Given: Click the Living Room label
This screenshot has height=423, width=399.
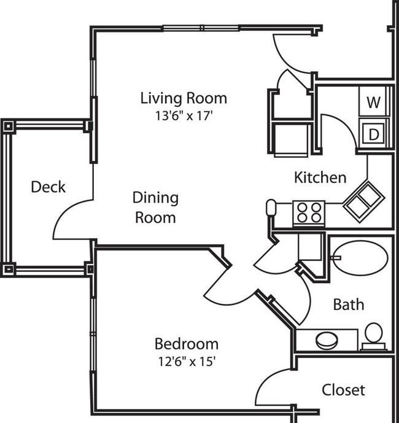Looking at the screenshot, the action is click(x=184, y=98).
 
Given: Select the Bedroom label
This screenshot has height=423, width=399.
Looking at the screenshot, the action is click(x=187, y=344).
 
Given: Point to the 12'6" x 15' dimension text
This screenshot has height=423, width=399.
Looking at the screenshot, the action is click(x=187, y=362).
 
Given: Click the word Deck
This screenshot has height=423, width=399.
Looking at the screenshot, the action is click(x=48, y=187).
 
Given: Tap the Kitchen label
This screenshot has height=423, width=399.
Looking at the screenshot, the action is click(x=320, y=178).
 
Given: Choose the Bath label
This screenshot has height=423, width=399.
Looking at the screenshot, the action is click(x=349, y=305).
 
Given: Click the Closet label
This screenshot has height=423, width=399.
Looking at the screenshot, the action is click(x=343, y=390).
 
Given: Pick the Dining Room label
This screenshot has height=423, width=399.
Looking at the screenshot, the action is click(x=155, y=208).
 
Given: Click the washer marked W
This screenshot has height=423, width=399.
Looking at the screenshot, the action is click(x=374, y=102).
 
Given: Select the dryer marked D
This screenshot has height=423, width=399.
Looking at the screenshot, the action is click(x=374, y=133).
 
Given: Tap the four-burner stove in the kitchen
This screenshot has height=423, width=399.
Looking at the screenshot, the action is click(x=309, y=212).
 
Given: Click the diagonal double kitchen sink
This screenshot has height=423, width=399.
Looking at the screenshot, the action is click(x=363, y=202).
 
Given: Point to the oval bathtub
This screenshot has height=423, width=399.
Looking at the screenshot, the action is click(x=361, y=258).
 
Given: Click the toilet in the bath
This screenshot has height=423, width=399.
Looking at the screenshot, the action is click(x=374, y=336).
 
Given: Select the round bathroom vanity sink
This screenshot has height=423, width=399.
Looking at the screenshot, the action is click(x=327, y=341).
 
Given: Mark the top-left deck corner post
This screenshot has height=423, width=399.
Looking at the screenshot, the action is click(x=9, y=126).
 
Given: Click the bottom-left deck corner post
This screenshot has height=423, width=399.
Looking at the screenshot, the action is click(x=9, y=269).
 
